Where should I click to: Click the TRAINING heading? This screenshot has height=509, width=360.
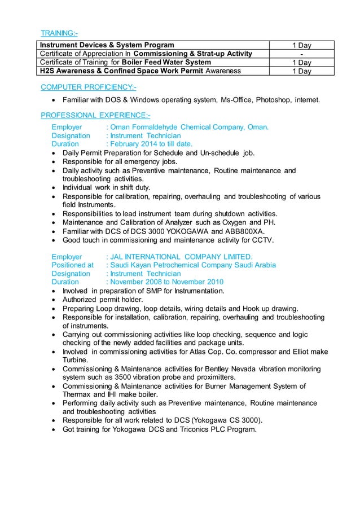tap(59, 33)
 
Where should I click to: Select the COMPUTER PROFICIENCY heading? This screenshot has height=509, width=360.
tap(88, 87)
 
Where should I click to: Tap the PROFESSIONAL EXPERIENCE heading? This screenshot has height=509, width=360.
tap(95, 116)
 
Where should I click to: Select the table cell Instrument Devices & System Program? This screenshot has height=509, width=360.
tap(106, 45)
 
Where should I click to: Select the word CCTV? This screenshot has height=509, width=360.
tap(261, 240)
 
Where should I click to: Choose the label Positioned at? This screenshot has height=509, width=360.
tap(72, 265)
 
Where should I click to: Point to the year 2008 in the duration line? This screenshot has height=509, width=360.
tap(160, 282)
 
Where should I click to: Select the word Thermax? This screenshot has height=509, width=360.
tap(76, 395)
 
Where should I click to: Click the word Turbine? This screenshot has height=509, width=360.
tap(75, 360)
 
